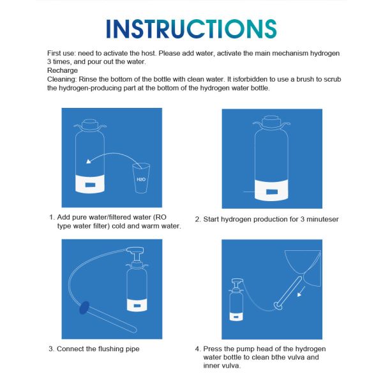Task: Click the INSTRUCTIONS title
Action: pyautogui.click(x=191, y=29)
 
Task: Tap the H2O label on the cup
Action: pyautogui.click(x=141, y=179)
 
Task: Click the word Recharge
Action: pyautogui.click(x=63, y=71)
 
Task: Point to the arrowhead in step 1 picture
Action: pyautogui.click(x=89, y=161)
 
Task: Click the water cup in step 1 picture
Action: pyautogui.click(x=141, y=178)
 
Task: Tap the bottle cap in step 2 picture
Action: pyautogui.click(x=271, y=122)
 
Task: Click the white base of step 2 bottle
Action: pyautogui.click(x=271, y=190)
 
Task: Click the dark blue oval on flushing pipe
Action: pyautogui.click(x=84, y=307)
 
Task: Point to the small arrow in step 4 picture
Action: pyautogui.click(x=301, y=292)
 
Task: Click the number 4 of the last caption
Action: pyautogui.click(x=197, y=349)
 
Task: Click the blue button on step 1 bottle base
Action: pyautogui.click(x=90, y=185)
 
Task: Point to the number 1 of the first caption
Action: pyautogui.click(x=51, y=217)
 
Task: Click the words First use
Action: pyautogui.click(x=61, y=53)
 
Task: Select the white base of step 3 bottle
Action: pyautogui.click(x=137, y=305)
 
